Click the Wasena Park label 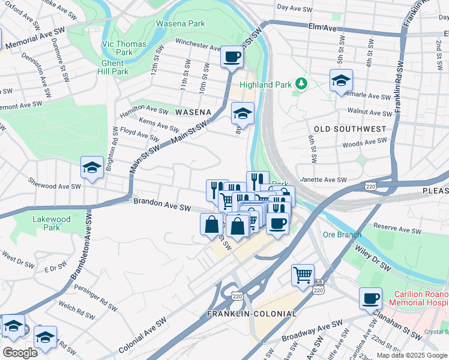click(x=180, y=24)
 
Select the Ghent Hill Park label click(x=112, y=67)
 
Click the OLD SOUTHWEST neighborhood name click(x=350, y=129)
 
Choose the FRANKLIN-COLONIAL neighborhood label click(x=252, y=314)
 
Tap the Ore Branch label click(x=341, y=234)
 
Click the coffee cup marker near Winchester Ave click(x=232, y=58)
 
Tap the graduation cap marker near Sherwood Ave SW click(x=92, y=169)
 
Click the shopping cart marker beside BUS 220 click(x=303, y=275)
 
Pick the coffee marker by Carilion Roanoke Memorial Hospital click(x=370, y=298)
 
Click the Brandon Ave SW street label click(x=162, y=205)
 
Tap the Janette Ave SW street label click(x=324, y=180)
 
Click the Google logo click(x=20, y=353)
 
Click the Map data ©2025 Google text click(x=411, y=355)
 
